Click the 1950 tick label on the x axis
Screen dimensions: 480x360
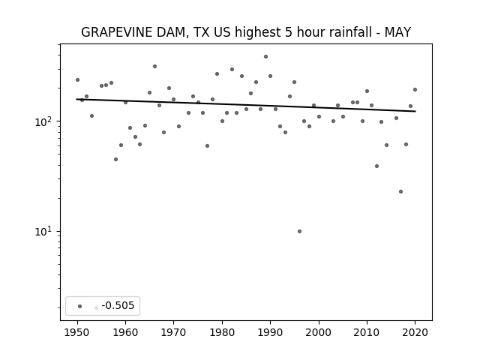click(77, 332)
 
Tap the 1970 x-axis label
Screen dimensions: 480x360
click(173, 332)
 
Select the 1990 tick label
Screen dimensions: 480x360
click(270, 332)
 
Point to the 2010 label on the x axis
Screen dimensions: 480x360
click(367, 332)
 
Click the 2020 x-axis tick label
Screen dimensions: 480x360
click(415, 332)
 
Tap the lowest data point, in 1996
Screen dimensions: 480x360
click(299, 232)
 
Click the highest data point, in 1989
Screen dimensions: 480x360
click(265, 57)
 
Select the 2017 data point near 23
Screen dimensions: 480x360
click(400, 192)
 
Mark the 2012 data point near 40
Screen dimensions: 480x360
click(376, 166)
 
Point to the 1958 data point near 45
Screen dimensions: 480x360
click(115, 160)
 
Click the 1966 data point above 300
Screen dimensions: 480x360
click(154, 67)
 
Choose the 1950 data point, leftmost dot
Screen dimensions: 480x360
click(77, 80)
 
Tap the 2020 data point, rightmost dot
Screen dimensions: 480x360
click(415, 90)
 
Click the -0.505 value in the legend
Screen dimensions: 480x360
click(118, 305)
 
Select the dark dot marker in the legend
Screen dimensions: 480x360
click(79, 306)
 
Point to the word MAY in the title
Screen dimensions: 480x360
click(397, 32)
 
